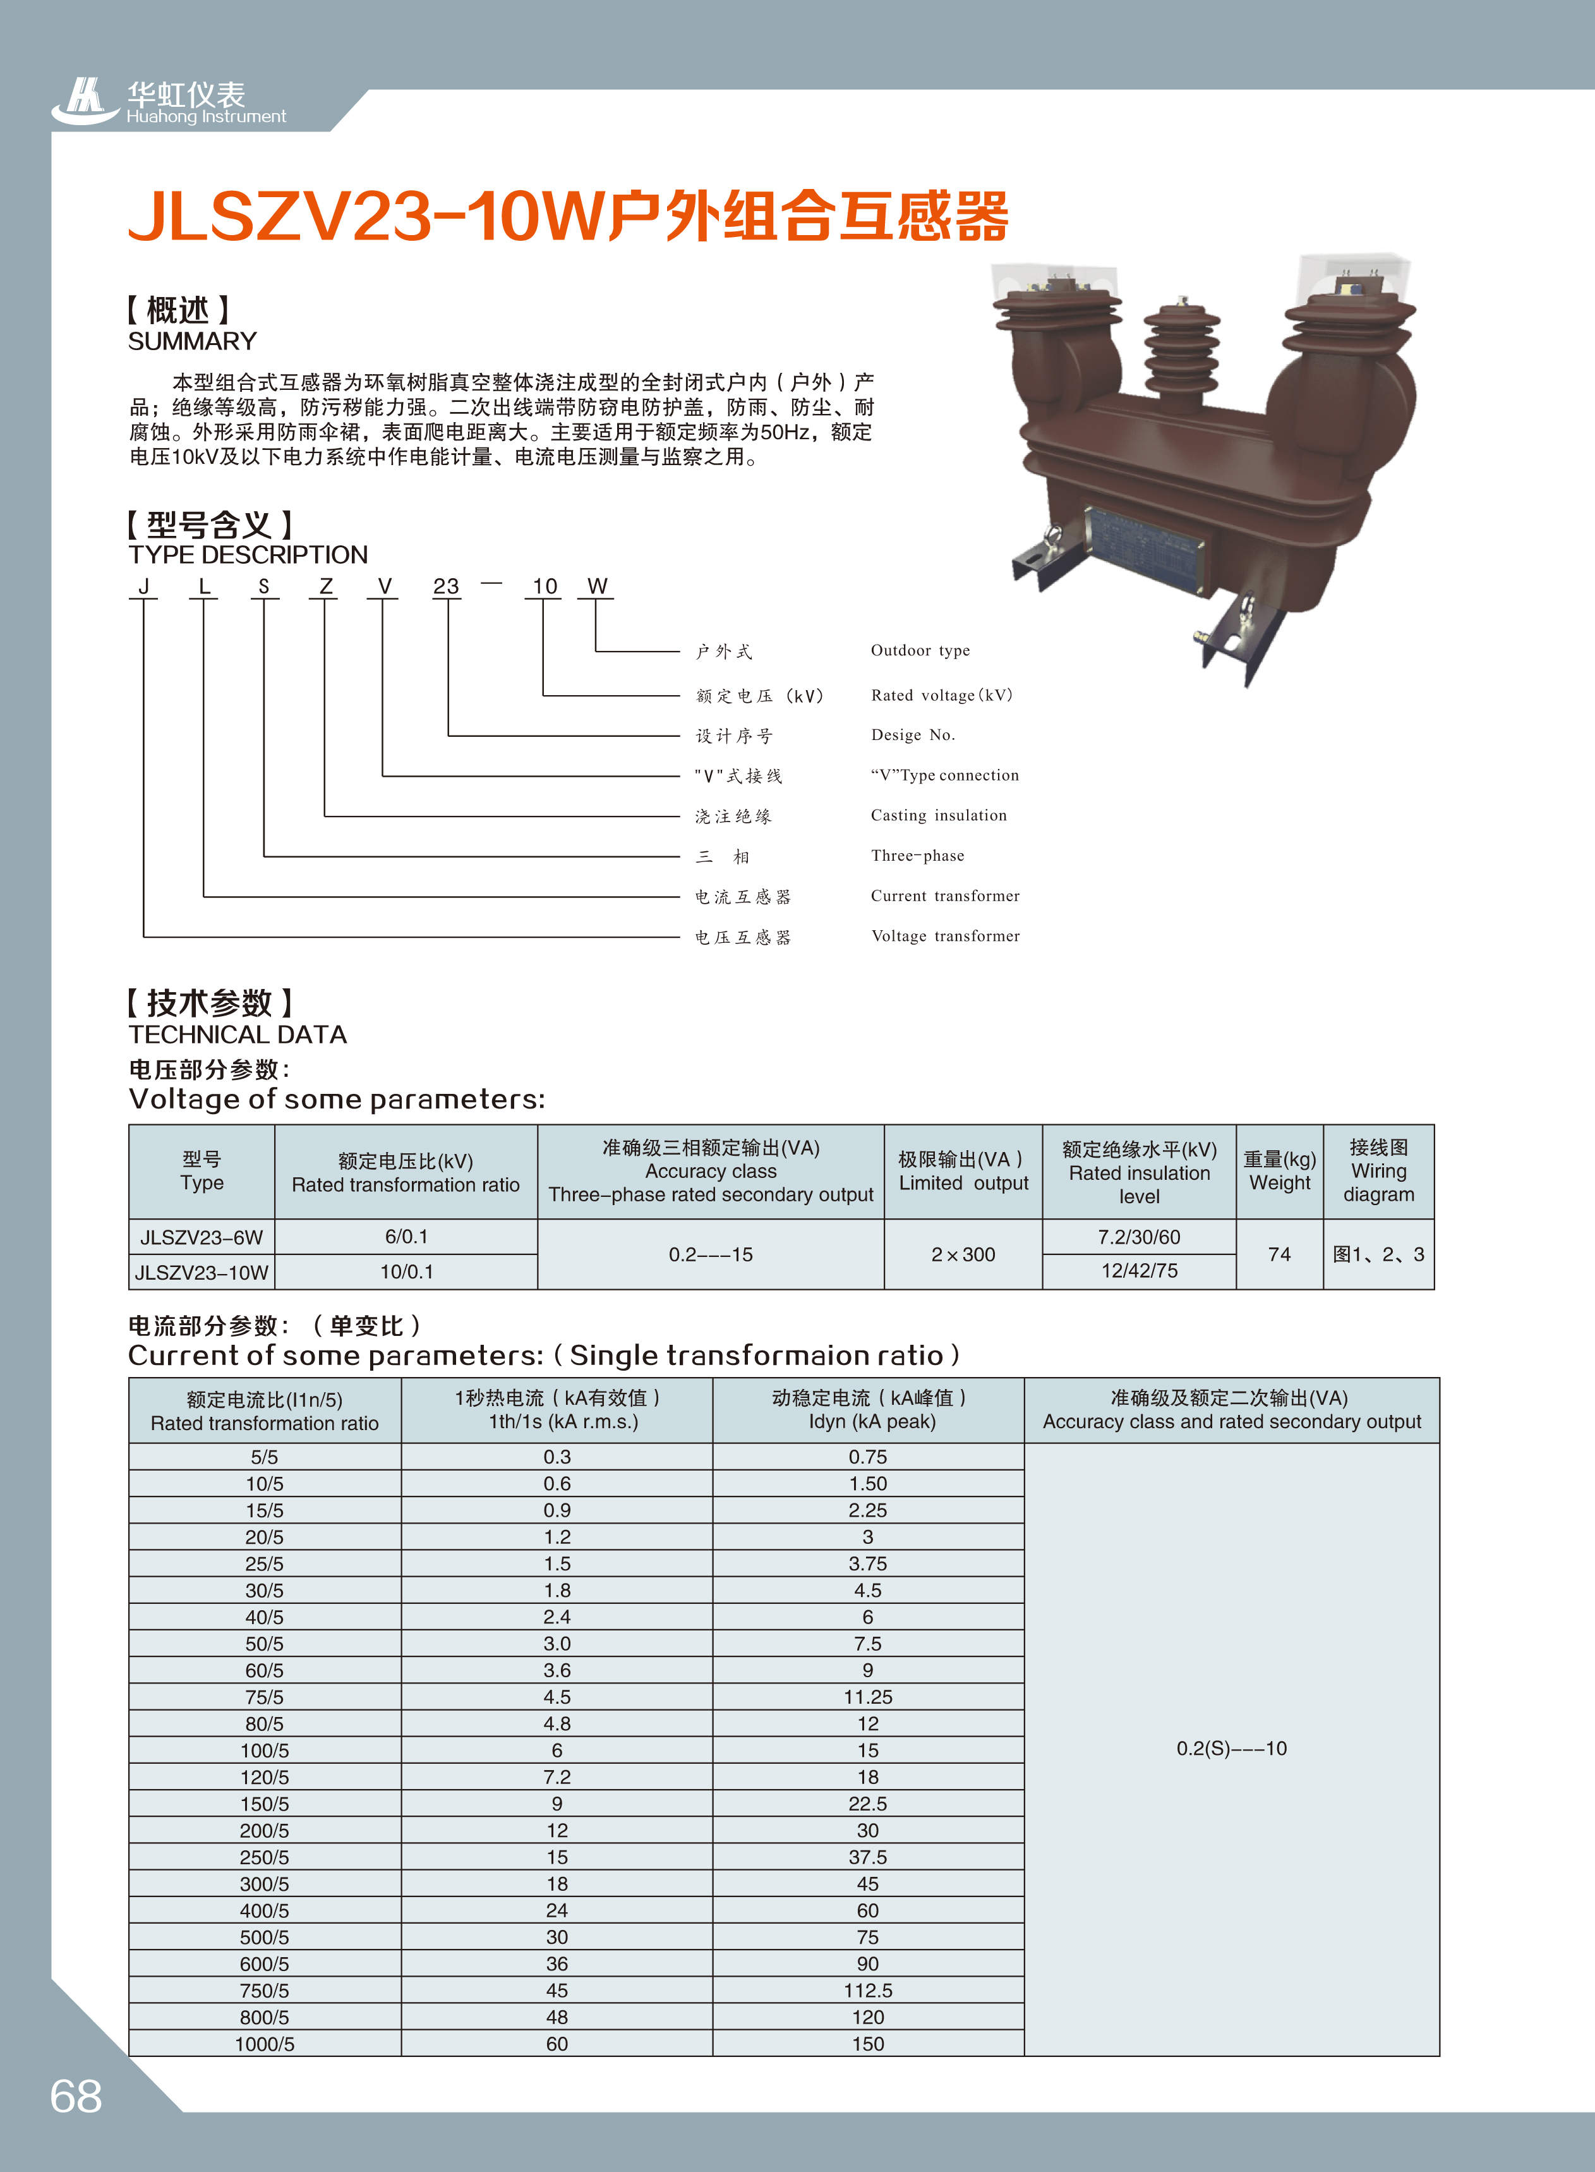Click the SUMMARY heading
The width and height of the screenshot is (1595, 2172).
[x=192, y=341]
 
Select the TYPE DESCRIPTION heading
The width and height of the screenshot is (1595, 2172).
[x=248, y=554]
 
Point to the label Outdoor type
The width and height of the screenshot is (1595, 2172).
[x=920, y=650]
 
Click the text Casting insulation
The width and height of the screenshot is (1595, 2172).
[x=939, y=815]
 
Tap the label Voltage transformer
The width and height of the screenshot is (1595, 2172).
[x=945, y=936]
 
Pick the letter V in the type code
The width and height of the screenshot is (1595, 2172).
[x=384, y=586]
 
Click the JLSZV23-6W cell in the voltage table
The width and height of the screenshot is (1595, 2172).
[x=202, y=1237]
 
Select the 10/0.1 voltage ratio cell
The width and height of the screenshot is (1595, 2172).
[x=406, y=1272]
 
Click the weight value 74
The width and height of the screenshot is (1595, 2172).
[x=1279, y=1254]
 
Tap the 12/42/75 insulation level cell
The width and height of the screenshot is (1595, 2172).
[x=1140, y=1271]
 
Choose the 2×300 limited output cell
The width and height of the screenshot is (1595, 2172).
[x=963, y=1254]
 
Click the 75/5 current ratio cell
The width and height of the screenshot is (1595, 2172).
[x=265, y=1697]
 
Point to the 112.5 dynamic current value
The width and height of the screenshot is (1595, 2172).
[x=868, y=1991]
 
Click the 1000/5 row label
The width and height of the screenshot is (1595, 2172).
[x=265, y=2044]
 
